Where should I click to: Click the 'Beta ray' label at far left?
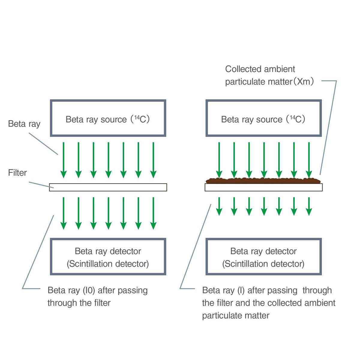[x=24, y=124]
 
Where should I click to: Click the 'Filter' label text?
[x=17, y=173]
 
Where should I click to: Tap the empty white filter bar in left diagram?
[x=108, y=187]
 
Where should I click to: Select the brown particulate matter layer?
[x=263, y=181]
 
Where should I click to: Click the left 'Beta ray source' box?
[x=108, y=118]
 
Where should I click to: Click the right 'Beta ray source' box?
[x=263, y=118]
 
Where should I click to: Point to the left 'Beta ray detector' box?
[x=108, y=257]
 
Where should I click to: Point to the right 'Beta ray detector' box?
[x=263, y=257]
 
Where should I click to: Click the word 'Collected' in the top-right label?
[x=243, y=69]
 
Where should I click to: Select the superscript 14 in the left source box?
[x=137, y=117]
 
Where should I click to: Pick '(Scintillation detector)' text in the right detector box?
[x=263, y=264]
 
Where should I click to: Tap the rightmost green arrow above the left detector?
[x=153, y=213]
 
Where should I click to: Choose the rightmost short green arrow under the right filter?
[x=309, y=206]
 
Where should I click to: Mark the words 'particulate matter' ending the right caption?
[x=235, y=316]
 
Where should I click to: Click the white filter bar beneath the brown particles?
[x=263, y=187]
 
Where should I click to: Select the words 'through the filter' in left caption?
[x=79, y=303]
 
